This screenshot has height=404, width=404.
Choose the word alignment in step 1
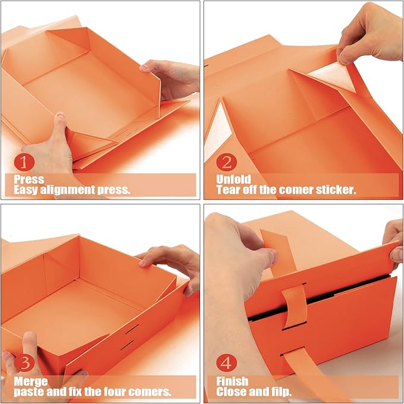point(76,190)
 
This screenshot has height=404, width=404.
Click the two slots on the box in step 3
point(132,336)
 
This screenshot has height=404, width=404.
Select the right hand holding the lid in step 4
point(393,241)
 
